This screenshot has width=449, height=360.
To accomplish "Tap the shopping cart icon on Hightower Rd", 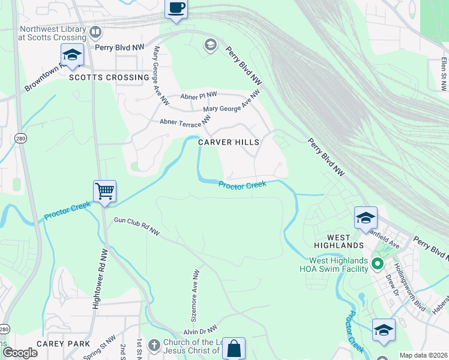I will tap(104, 191).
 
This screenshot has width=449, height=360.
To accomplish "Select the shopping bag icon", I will tap(234, 348).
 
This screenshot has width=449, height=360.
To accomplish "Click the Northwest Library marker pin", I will tap(95, 32).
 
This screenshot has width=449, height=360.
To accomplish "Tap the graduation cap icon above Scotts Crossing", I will tap(72, 55).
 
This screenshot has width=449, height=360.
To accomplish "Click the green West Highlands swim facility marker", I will tap(377, 263).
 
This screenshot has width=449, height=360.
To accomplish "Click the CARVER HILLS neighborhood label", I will tap(229, 142).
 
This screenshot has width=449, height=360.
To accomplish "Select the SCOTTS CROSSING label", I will tap(109, 77).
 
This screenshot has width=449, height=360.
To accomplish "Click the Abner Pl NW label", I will tap(199, 95).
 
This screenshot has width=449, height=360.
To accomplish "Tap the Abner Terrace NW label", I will tap(185, 121).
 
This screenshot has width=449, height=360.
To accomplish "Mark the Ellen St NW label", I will tap(443, 74).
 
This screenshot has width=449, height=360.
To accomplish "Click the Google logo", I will tap(20, 352).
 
